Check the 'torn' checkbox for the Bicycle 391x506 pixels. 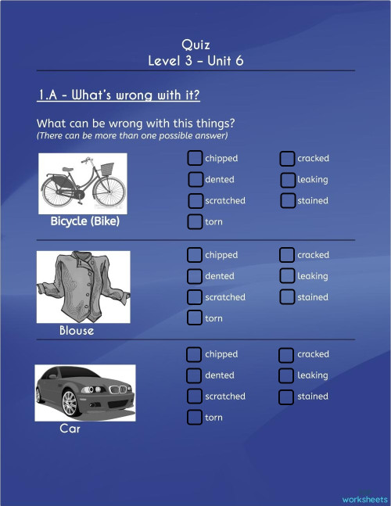click(x=195, y=222)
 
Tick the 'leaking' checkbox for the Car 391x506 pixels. click(x=286, y=375)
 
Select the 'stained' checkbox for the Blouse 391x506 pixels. click(x=286, y=297)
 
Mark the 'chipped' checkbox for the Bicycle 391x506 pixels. click(x=195, y=159)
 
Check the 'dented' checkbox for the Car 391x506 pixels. click(x=195, y=375)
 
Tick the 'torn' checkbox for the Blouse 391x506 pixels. click(x=195, y=318)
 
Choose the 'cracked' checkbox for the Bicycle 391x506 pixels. click(x=287, y=159)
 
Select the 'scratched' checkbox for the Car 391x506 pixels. click(x=195, y=397)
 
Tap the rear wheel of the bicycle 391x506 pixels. click(x=59, y=189)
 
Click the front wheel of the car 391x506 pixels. click(x=69, y=404)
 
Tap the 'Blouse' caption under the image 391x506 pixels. click(x=77, y=331)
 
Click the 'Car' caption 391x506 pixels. click(x=70, y=429)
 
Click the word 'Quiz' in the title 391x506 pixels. click(x=195, y=45)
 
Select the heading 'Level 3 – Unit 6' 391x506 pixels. click(x=195, y=60)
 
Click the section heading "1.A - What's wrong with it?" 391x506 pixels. click(x=119, y=96)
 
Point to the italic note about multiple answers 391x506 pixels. click(x=132, y=136)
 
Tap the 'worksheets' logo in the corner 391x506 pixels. click(x=364, y=497)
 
